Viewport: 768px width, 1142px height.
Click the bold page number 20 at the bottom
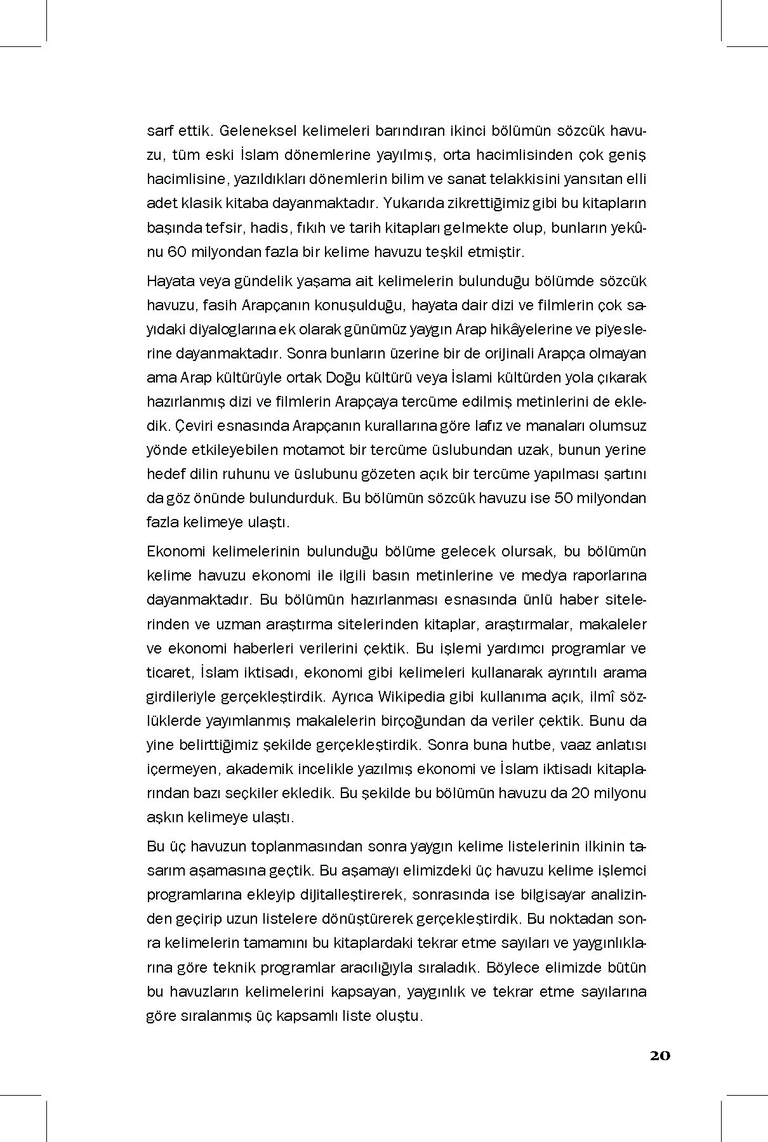(659, 1056)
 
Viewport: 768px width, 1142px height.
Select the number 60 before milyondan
(176, 252)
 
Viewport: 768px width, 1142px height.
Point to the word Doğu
(343, 377)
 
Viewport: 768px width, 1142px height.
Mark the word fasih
(221, 305)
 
